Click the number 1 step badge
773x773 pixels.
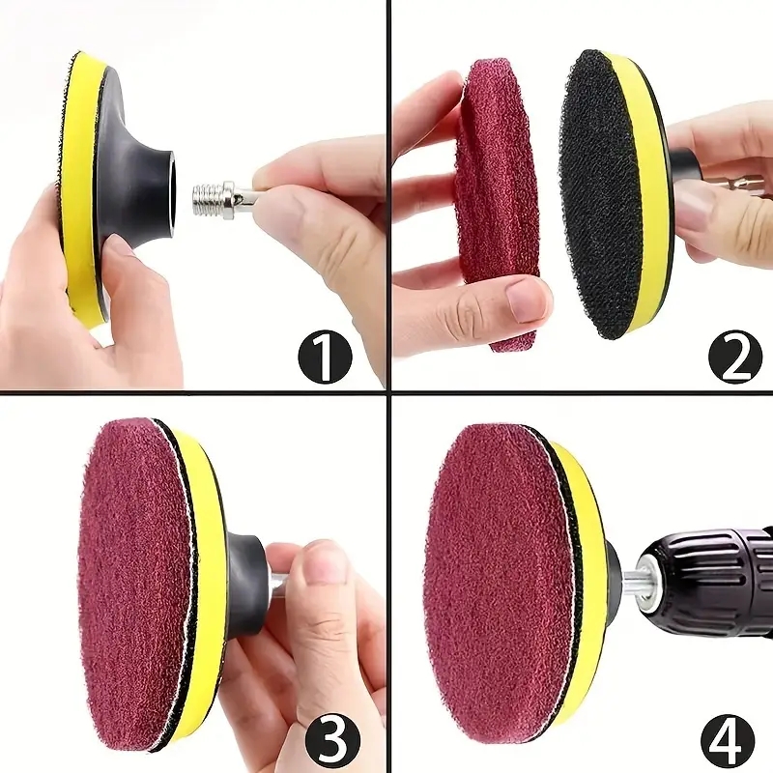pyautogui.click(x=325, y=356)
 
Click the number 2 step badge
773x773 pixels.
pyautogui.click(x=734, y=356)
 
